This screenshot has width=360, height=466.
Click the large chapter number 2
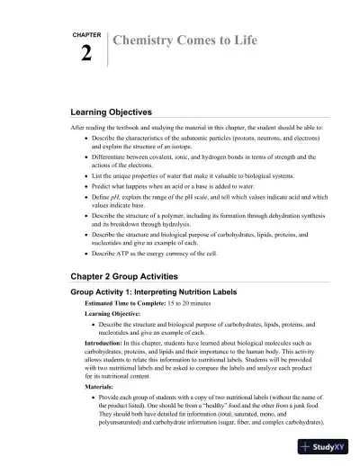tap(85, 53)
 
